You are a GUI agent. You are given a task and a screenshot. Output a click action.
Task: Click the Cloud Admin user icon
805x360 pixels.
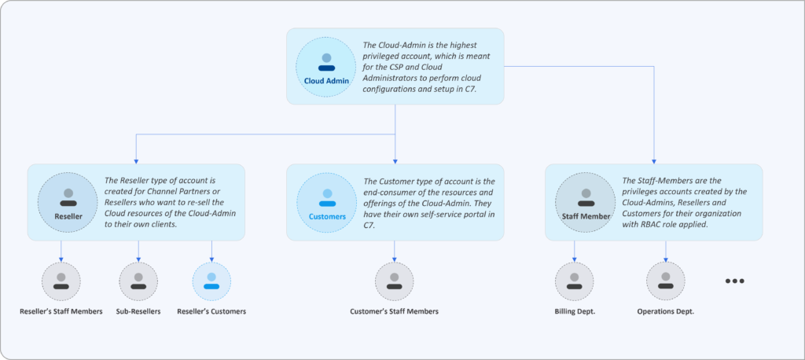pyautogui.click(x=325, y=68)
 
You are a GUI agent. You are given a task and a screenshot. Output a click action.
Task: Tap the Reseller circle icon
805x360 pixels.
pyautogui.click(x=68, y=203)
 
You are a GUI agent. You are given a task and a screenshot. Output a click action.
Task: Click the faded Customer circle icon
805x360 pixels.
pyautogui.click(x=326, y=203)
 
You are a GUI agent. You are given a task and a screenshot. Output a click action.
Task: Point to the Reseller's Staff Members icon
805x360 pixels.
pyautogui.click(x=61, y=281)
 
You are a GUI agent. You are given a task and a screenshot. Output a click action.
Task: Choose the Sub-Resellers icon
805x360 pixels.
pyautogui.click(x=138, y=281)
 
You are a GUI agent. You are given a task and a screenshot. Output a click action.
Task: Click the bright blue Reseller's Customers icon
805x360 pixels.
pyautogui.click(x=211, y=281)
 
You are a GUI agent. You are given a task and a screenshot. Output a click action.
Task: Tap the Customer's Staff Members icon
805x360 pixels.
pyautogui.click(x=394, y=281)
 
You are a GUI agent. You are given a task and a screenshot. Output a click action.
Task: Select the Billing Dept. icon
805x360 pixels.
pyautogui.click(x=575, y=281)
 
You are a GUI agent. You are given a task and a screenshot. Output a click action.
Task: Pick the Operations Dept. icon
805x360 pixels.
pyautogui.click(x=666, y=281)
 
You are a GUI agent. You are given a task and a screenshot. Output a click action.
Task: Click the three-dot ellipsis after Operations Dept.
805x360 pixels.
pyautogui.click(x=734, y=281)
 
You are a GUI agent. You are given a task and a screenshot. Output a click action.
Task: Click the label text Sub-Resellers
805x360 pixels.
pyautogui.click(x=138, y=311)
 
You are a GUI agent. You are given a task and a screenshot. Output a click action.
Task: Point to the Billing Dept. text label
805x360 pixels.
pyautogui.click(x=575, y=311)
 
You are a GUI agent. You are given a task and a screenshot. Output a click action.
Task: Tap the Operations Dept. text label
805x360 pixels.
pyautogui.click(x=666, y=311)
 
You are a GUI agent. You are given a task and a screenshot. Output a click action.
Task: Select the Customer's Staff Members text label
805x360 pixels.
pyautogui.click(x=394, y=311)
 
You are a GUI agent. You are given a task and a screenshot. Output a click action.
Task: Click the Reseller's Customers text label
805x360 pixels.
pyautogui.click(x=211, y=311)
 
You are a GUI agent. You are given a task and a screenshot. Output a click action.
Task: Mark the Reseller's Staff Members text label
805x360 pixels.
pyautogui.click(x=61, y=311)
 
